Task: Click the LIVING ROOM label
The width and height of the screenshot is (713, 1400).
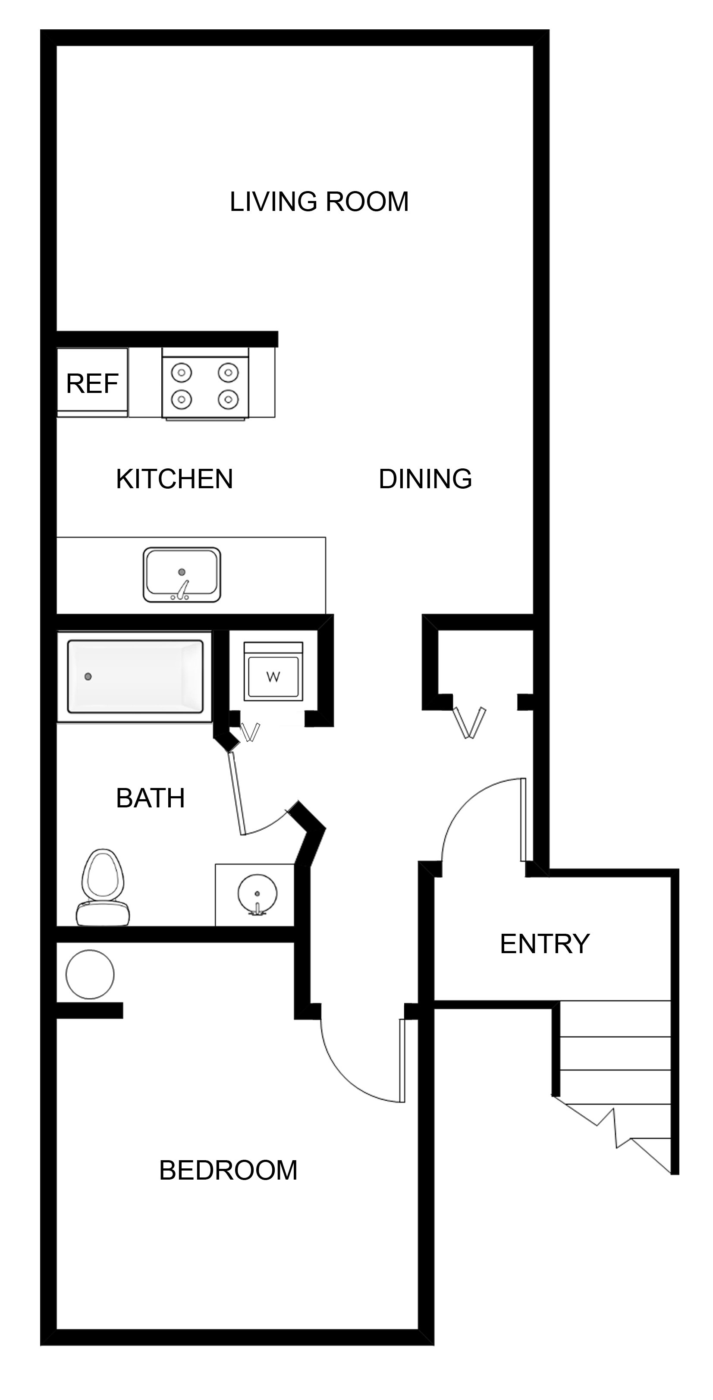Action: tap(319, 201)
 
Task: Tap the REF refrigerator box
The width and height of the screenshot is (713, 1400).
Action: tap(92, 383)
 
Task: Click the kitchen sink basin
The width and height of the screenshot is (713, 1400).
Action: tap(182, 574)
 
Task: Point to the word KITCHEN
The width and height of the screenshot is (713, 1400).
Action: tap(174, 479)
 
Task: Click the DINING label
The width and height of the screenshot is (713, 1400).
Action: tap(425, 479)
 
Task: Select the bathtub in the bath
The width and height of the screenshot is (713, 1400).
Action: tap(135, 676)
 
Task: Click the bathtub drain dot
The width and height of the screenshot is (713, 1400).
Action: tap(88, 676)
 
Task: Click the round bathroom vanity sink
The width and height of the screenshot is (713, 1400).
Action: tap(257, 894)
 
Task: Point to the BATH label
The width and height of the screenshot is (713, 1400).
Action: tap(150, 798)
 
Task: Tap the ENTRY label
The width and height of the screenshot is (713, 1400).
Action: tap(544, 944)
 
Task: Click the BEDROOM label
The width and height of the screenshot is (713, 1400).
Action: tap(228, 1170)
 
